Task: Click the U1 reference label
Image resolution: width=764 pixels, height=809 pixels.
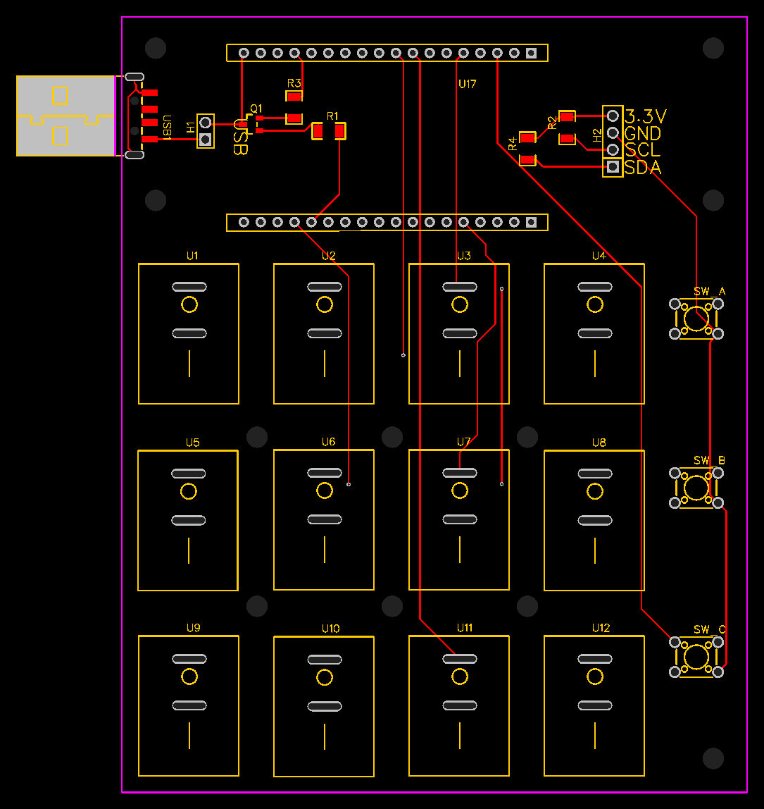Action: pyautogui.click(x=192, y=256)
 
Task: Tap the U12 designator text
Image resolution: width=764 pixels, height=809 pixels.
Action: pyautogui.click(x=601, y=628)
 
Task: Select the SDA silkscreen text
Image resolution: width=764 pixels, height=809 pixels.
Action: pyautogui.click(x=642, y=168)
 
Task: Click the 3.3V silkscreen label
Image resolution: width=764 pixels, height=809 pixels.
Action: pyautogui.click(x=646, y=116)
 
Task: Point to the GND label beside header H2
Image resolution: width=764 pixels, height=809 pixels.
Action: pyautogui.click(x=642, y=134)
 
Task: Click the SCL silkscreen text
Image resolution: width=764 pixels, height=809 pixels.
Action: pyautogui.click(x=642, y=150)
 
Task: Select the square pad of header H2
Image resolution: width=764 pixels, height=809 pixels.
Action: pyautogui.click(x=613, y=166)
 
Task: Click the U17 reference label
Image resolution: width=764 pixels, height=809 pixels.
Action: pyautogui.click(x=467, y=84)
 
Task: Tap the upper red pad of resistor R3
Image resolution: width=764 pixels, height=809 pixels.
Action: pyautogui.click(x=294, y=97)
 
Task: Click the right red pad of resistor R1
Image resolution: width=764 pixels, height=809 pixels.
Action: pyautogui.click(x=339, y=131)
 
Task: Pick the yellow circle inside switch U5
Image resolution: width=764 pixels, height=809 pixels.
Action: pyautogui.click(x=189, y=491)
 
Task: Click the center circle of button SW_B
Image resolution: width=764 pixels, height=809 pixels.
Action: pyautogui.click(x=696, y=488)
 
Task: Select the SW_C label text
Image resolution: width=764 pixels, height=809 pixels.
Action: pyautogui.click(x=709, y=629)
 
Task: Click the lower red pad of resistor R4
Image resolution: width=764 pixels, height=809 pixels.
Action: pyautogui.click(x=527, y=160)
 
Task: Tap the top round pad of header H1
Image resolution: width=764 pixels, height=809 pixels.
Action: pyautogui.click(x=206, y=123)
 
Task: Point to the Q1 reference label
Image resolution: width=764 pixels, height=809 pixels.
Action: pyautogui.click(x=256, y=109)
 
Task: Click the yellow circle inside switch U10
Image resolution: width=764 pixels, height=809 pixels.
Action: pyautogui.click(x=325, y=677)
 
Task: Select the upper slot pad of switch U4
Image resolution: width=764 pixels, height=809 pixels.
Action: pyautogui.click(x=595, y=287)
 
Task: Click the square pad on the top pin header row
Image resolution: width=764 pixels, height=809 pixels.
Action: pyautogui.click(x=531, y=53)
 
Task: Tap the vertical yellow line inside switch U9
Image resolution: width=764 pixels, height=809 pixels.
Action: pyautogui.click(x=189, y=735)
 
